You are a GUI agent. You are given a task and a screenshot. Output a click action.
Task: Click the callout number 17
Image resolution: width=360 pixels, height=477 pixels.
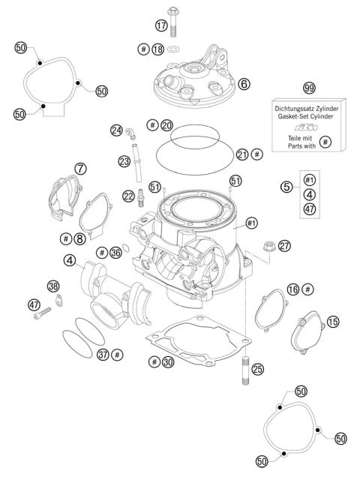pyautogui.click(x=160, y=26)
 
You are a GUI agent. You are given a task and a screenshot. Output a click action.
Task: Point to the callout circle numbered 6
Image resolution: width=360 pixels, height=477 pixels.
pyautogui.click(x=244, y=85)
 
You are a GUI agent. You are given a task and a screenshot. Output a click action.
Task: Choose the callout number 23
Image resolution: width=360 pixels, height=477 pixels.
pyautogui.click(x=118, y=161)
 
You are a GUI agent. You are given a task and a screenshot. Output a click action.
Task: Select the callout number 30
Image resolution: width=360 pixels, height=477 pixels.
pyautogui.click(x=169, y=361)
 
